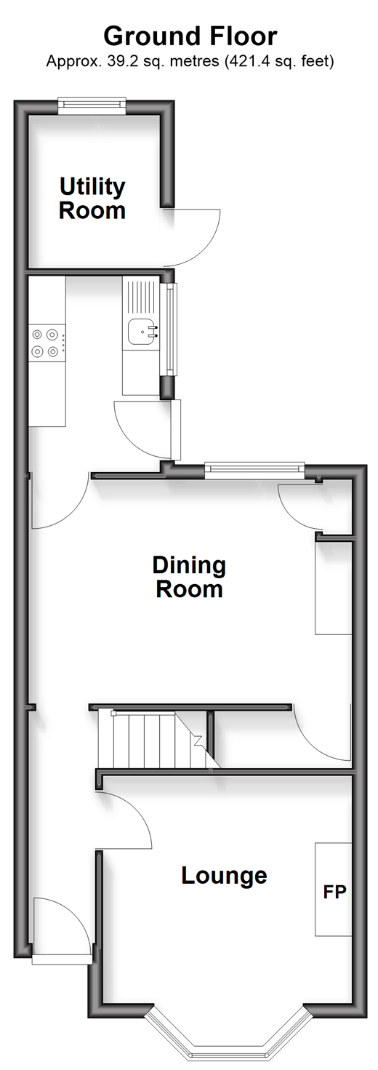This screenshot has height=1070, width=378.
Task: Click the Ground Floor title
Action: [x=190, y=36]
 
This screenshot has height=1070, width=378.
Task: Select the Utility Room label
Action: [x=92, y=199]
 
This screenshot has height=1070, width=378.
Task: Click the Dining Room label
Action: [x=189, y=577]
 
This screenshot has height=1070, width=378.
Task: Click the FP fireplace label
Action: [x=334, y=891]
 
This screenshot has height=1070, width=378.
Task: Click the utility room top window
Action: [x=92, y=106]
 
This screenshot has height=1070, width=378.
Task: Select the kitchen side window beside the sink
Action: [x=171, y=329]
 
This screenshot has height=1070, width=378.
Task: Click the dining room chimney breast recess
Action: [x=333, y=588]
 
